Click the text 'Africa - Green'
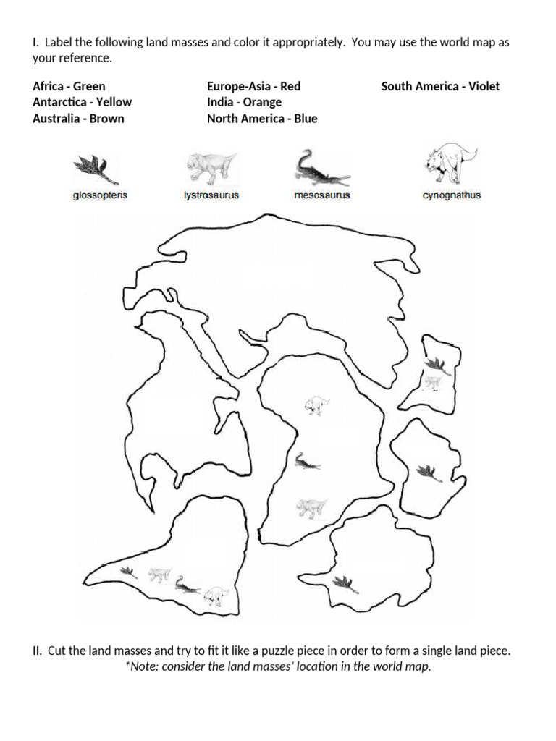pos(69,87)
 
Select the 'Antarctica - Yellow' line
pos(83,102)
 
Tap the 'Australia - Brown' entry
pos(78,118)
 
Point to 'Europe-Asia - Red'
pos(254,87)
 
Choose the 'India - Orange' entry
pos(245,103)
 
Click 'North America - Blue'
pos(262,118)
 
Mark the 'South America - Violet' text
pos(441,87)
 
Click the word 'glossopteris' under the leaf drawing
pos(100,195)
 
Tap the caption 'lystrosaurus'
pos(211,195)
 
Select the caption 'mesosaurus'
pos(322,195)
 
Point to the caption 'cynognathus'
pos(452,195)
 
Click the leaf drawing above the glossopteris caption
pos(96,169)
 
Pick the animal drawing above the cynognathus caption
pos(452,163)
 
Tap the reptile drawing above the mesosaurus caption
pos(322,169)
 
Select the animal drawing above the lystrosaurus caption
pos(211,168)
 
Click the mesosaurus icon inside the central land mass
pos(307,462)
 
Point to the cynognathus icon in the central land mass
pos(317,405)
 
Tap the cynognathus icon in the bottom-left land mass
pos(216,596)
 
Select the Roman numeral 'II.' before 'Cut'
pos(38,651)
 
